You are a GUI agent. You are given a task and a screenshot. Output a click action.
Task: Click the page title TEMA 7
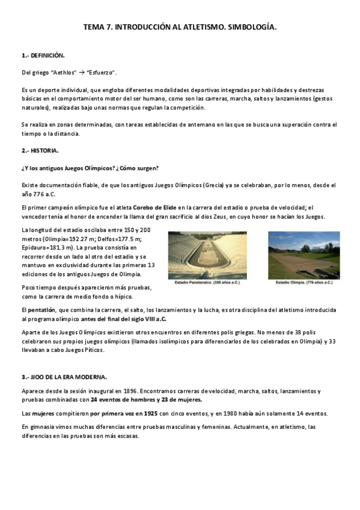pyautogui.click(x=180, y=28)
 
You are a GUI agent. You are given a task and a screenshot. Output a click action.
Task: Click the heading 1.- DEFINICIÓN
pyautogui.click(x=43, y=55)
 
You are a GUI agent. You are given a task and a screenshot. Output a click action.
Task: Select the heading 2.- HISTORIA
pyautogui.click(x=41, y=150)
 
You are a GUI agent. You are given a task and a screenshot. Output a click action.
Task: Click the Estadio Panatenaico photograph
pyautogui.click(x=207, y=255)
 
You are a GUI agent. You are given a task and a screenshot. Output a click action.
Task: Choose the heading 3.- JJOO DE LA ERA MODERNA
pyautogui.click(x=64, y=377)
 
